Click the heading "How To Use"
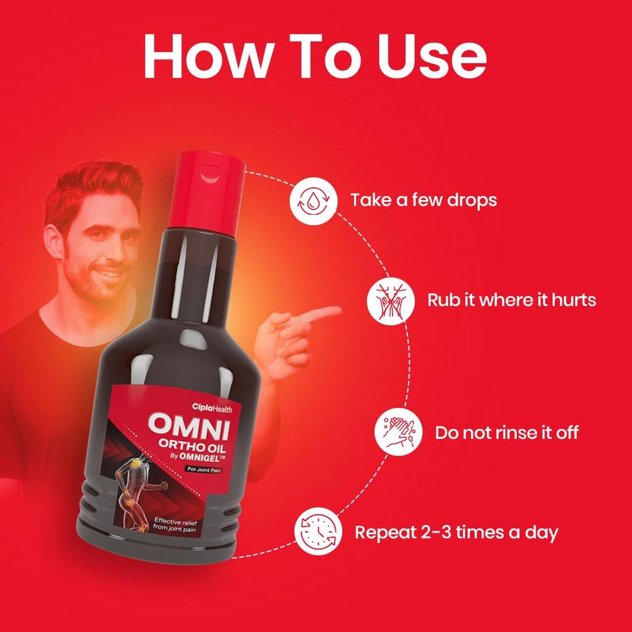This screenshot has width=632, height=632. (315, 57)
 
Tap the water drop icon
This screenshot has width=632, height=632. (310, 200)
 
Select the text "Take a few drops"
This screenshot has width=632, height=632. (423, 200)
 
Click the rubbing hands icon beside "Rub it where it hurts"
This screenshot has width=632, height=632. (388, 301)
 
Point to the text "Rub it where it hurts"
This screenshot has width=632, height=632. (512, 301)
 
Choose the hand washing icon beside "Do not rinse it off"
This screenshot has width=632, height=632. (396, 431)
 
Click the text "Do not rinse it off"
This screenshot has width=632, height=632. (507, 432)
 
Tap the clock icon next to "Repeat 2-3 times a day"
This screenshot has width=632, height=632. (317, 531)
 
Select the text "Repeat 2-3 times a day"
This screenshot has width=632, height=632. (456, 532)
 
